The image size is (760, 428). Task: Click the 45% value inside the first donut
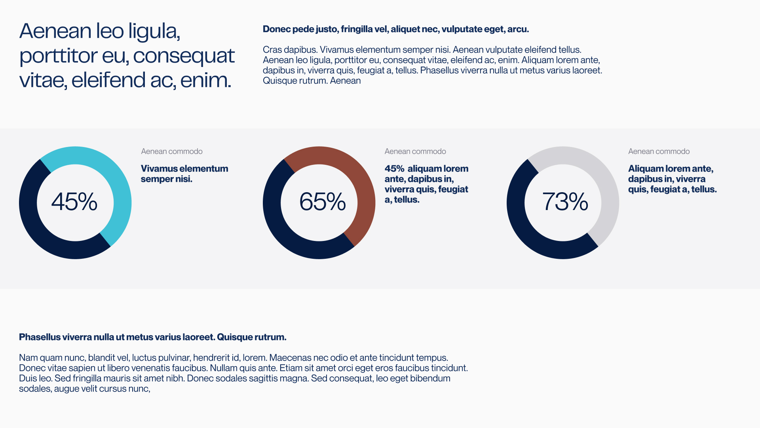click(x=74, y=202)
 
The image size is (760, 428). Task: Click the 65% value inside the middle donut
click(x=323, y=202)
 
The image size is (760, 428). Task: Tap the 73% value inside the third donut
click(x=565, y=202)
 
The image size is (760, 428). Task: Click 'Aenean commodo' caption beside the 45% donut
click(x=172, y=151)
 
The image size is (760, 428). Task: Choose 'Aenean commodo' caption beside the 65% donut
click(x=415, y=151)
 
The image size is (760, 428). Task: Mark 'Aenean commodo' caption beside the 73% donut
click(x=659, y=151)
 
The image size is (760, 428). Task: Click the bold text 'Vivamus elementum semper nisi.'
click(x=184, y=174)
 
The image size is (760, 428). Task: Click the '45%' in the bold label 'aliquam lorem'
click(x=394, y=169)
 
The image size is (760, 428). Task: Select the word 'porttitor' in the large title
click(x=58, y=56)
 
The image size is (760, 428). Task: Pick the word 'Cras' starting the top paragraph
click(x=272, y=50)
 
